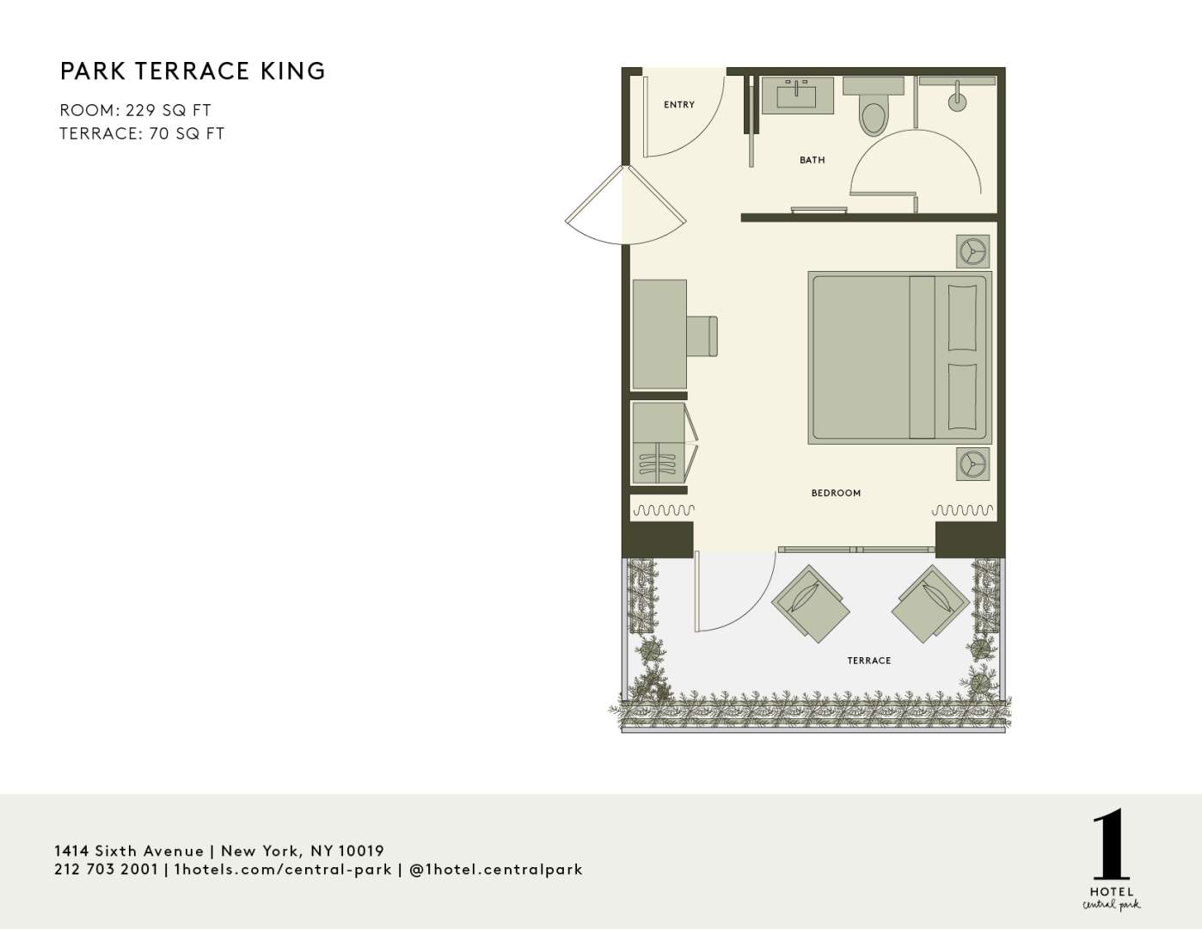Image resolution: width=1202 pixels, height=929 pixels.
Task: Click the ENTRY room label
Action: tap(678, 105)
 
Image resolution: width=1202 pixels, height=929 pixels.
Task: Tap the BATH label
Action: tap(812, 160)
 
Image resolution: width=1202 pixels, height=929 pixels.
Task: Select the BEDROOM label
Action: tap(836, 493)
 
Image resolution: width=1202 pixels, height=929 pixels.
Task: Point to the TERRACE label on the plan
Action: tap(869, 661)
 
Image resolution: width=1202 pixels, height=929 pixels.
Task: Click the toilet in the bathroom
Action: tap(873, 107)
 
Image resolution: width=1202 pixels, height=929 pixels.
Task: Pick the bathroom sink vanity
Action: tap(798, 95)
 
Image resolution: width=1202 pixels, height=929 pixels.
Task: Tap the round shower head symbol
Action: tap(957, 102)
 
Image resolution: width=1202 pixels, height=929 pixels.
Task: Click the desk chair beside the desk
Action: tap(702, 335)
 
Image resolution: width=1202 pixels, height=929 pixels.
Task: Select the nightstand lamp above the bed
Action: tap(973, 252)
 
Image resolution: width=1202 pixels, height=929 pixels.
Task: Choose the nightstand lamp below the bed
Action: tap(973, 463)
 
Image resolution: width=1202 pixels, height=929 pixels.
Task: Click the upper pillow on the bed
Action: tap(962, 317)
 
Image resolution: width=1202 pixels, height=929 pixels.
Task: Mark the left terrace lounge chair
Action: tap(811, 604)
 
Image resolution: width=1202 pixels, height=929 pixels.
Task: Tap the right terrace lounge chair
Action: tap(930, 604)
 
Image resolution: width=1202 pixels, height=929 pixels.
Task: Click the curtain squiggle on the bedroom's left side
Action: tap(664, 509)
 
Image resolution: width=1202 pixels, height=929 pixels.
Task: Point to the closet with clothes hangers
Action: tap(659, 443)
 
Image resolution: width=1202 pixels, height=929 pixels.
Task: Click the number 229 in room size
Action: tap(140, 110)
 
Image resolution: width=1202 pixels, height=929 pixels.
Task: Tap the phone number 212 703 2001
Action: tap(107, 870)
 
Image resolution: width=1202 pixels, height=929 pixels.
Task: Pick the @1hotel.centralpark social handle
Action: tap(496, 870)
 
